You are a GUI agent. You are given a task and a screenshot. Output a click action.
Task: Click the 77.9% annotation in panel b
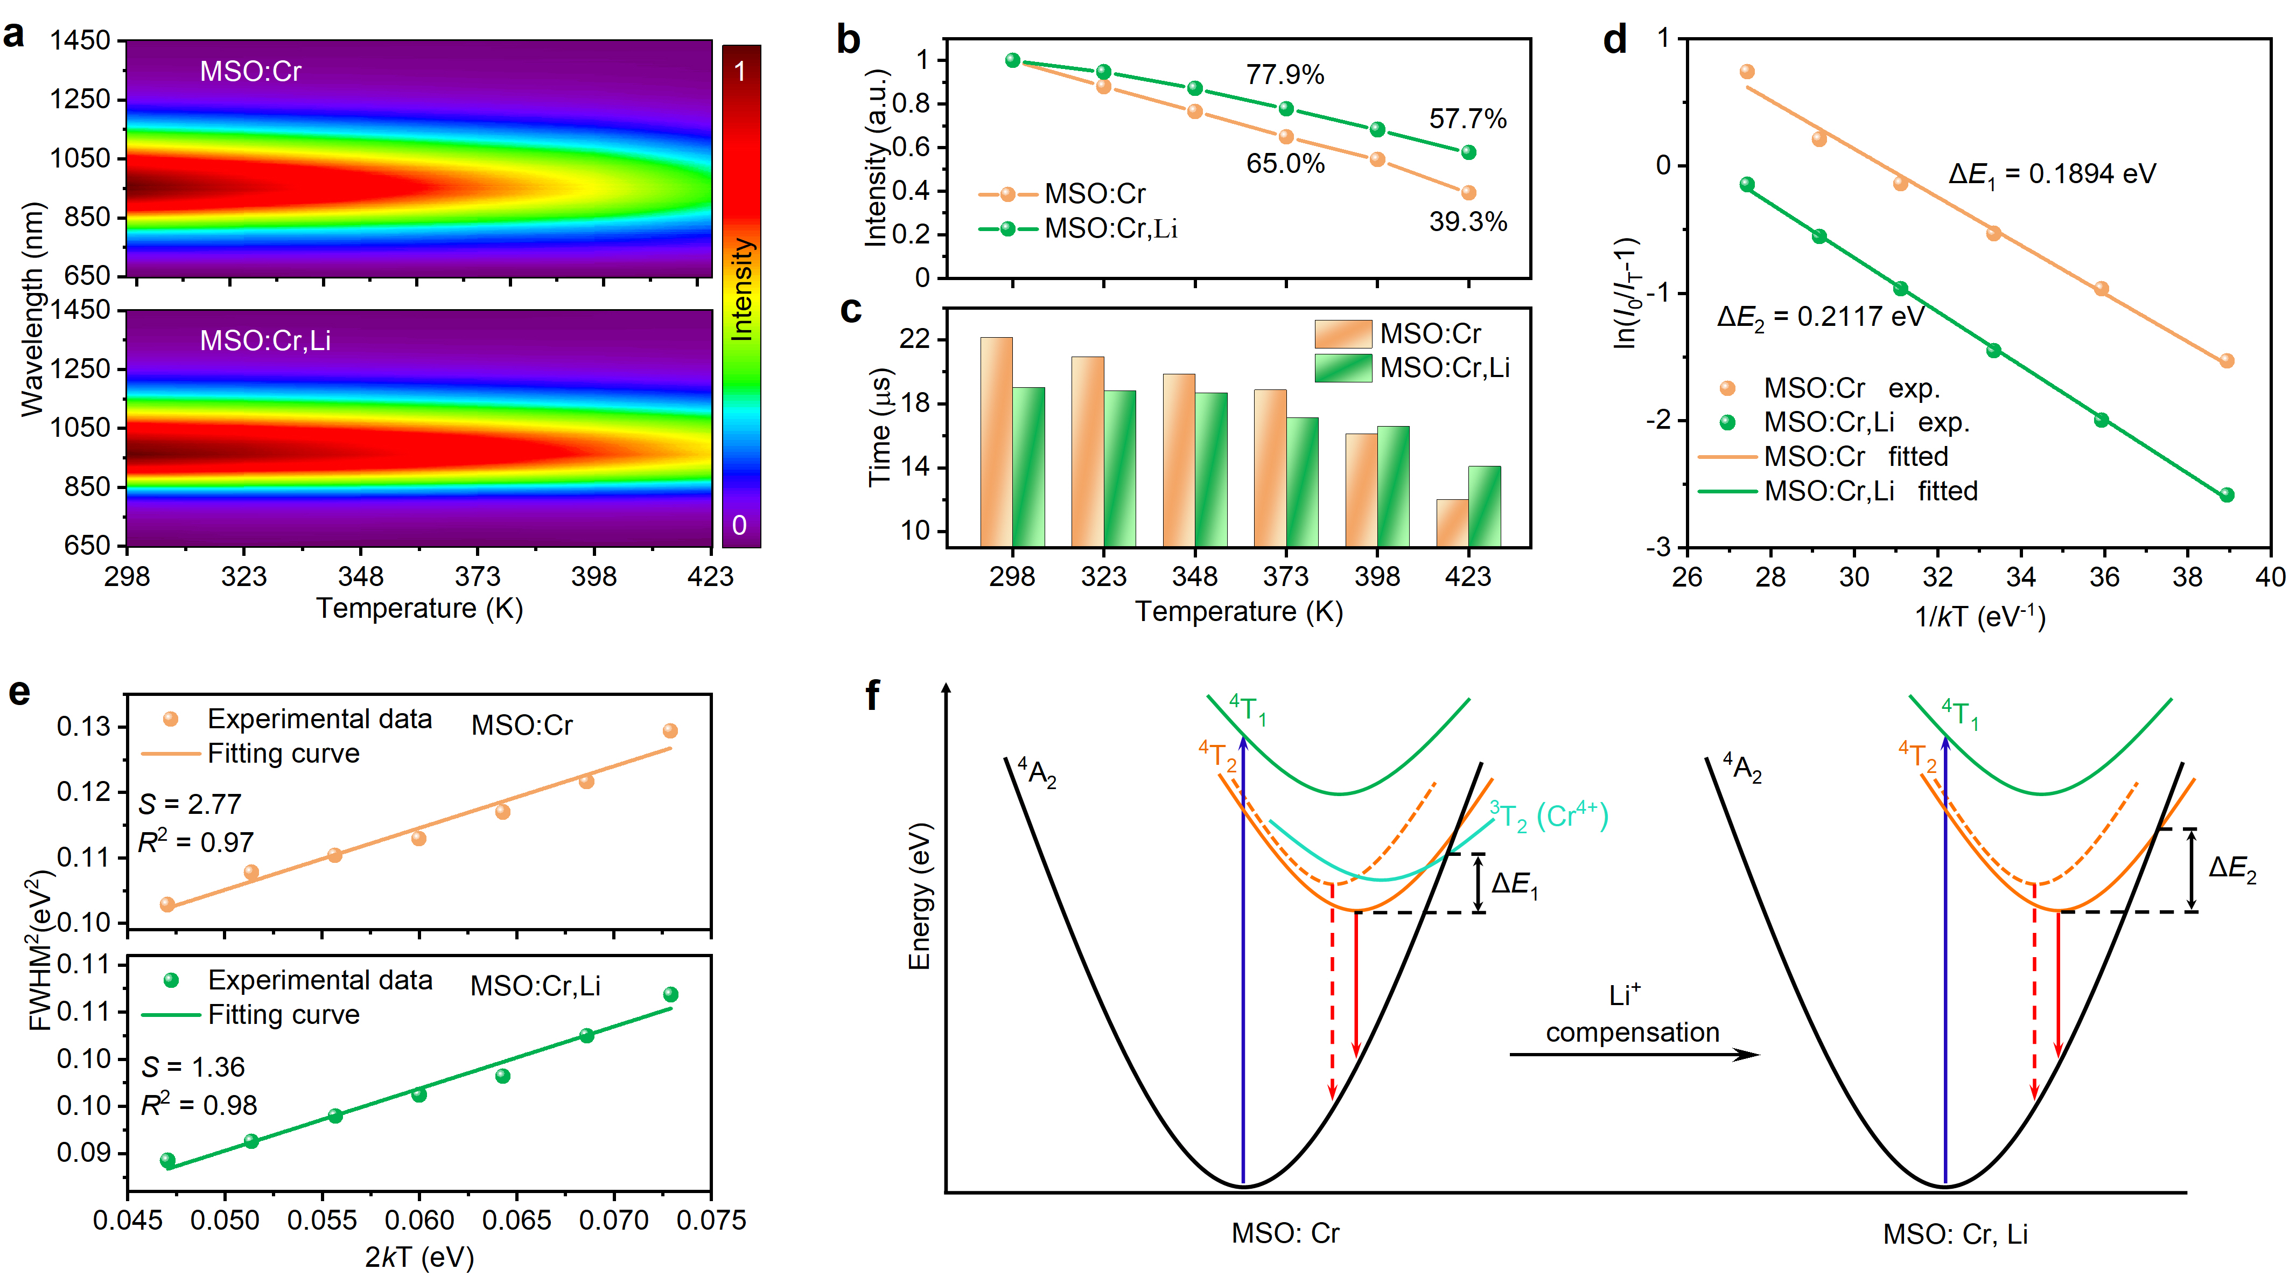coord(1284,75)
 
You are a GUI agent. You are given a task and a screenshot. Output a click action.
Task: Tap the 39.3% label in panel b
coord(1467,221)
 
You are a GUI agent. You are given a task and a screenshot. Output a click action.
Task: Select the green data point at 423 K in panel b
coord(1468,153)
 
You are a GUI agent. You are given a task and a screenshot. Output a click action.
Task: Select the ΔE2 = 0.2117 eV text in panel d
coord(1820,317)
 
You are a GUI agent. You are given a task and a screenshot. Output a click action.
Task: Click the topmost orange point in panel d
coord(1747,72)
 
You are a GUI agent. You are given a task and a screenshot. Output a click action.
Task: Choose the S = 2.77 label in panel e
coord(190,804)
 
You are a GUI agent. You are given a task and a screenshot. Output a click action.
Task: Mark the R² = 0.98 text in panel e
coord(199,1105)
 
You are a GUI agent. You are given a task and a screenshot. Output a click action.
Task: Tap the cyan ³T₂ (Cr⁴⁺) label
coord(1548,815)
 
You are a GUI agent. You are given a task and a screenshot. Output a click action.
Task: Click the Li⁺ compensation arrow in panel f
coord(1633,1055)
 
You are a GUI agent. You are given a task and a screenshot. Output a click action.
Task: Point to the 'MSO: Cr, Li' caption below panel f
coord(1955,1234)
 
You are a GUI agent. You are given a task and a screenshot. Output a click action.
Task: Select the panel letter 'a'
coord(14,36)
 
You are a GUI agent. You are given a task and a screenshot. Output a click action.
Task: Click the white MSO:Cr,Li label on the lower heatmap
coord(265,340)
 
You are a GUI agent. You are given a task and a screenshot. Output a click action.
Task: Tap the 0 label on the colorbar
coord(739,525)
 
